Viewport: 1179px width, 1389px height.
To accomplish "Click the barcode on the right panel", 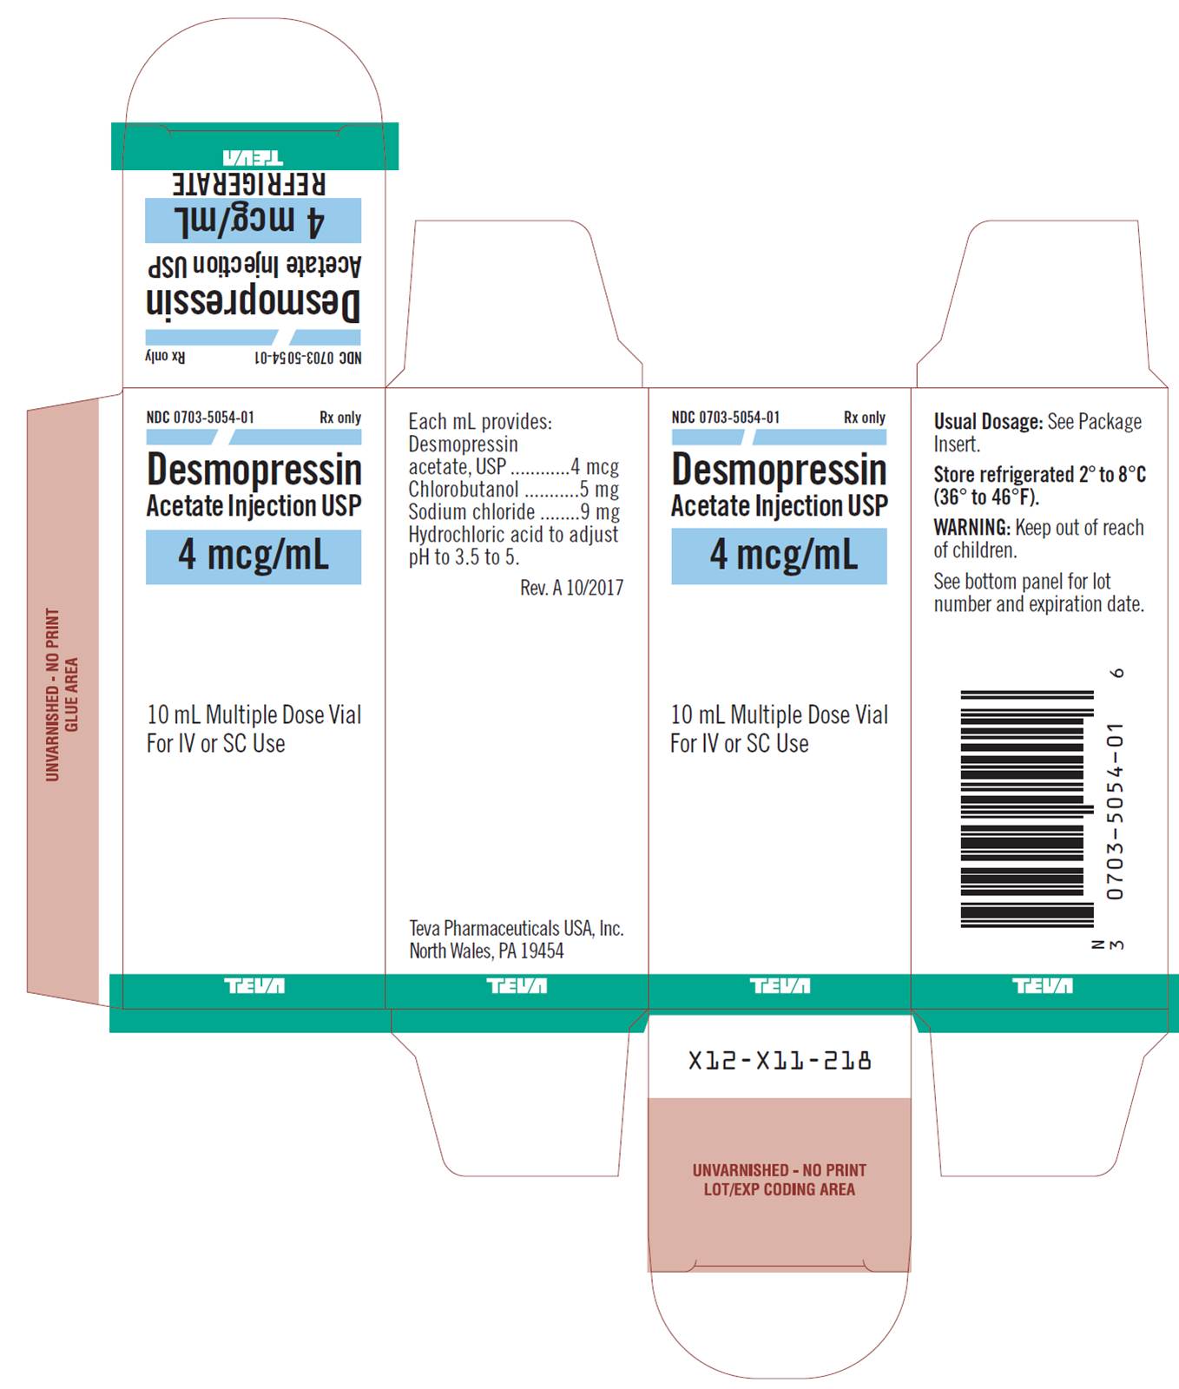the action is (1027, 809).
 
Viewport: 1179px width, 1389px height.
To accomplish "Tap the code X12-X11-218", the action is (779, 1060).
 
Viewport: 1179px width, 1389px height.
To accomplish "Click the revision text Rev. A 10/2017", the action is (571, 588).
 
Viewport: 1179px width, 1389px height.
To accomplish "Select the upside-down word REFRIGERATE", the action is (249, 183).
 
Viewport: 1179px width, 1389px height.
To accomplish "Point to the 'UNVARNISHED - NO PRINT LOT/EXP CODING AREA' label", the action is (779, 1180).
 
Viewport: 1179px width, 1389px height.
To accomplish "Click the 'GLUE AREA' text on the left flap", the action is (71, 694).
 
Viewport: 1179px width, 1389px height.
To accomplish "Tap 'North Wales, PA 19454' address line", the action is (486, 951).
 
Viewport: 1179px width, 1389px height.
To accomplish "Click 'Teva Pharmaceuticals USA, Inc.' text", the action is (517, 928).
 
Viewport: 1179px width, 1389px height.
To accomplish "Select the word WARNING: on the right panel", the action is (972, 527).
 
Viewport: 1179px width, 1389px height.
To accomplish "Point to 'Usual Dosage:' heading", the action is (988, 422).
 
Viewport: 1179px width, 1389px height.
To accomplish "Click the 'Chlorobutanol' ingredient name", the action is (464, 489).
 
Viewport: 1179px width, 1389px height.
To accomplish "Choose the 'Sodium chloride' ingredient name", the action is (471, 511).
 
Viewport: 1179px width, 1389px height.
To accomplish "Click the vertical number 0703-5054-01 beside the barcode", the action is (1115, 810).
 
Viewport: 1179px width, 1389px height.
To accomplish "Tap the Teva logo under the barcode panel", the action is (1042, 985).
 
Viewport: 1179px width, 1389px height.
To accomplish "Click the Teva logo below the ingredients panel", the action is (517, 985).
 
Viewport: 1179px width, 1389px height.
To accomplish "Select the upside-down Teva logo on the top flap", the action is (253, 158).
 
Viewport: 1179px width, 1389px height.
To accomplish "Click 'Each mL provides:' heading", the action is (480, 422).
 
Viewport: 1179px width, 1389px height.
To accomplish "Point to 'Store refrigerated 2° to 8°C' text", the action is (1039, 475).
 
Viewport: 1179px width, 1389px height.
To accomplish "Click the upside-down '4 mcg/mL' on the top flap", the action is (249, 220).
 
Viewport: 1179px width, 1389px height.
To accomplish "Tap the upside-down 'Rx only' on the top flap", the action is (165, 357).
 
